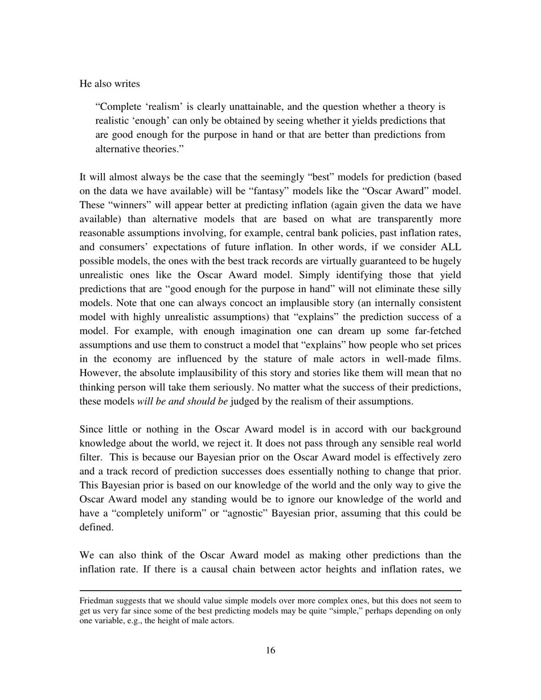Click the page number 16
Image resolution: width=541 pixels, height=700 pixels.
[270, 650]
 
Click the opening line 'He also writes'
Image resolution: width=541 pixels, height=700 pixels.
[109, 84]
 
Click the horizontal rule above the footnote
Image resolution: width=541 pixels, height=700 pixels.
[270, 591]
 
